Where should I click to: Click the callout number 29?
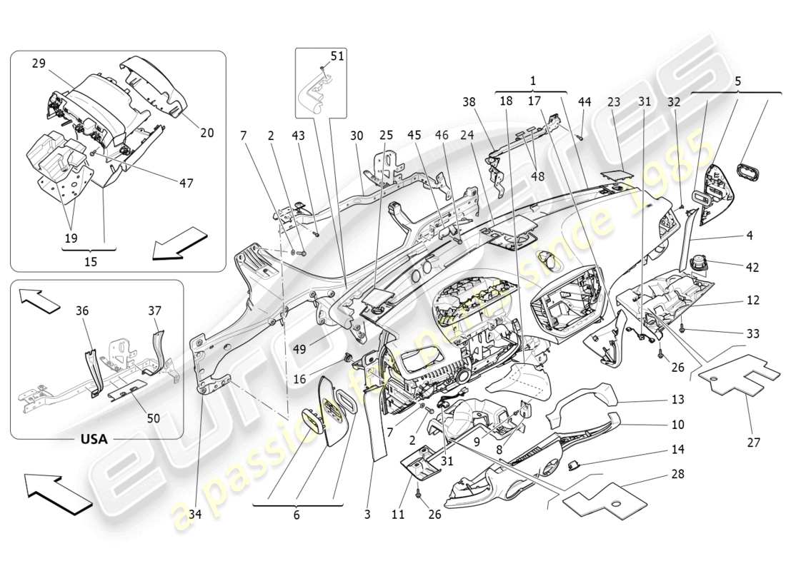(x=38, y=64)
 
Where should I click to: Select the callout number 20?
(x=208, y=132)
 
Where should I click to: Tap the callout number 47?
(x=186, y=183)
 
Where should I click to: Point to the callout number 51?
(x=337, y=56)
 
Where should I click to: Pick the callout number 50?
(x=154, y=418)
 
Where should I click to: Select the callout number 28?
(x=677, y=474)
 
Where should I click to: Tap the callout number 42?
(x=752, y=268)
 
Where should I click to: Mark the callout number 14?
(x=677, y=450)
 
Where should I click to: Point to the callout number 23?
(x=613, y=102)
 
